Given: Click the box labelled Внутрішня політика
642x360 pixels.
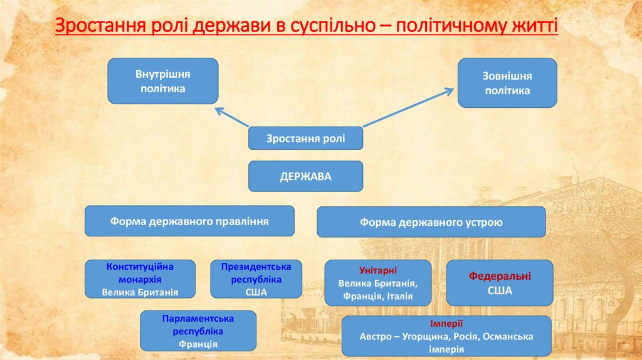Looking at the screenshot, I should click(162, 81).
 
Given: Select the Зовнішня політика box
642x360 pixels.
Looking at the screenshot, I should click(507, 83).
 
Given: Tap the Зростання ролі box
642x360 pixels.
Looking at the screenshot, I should click(305, 138).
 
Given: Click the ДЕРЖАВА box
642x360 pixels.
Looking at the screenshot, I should click(305, 176).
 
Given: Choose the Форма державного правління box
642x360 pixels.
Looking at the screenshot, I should click(189, 221).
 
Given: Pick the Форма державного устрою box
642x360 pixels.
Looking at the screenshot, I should click(431, 222).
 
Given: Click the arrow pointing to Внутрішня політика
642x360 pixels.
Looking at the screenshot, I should click(232, 117).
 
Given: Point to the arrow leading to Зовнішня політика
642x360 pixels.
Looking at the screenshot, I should click(408, 108).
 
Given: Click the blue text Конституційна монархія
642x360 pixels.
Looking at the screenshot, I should click(140, 273).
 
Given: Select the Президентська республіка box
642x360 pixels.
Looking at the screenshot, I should click(256, 278).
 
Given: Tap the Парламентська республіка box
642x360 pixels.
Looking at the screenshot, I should click(198, 331).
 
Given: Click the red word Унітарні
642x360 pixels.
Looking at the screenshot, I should click(377, 270).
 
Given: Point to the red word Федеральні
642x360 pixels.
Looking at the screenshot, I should click(500, 276).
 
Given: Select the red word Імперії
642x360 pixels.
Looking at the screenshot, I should click(446, 324).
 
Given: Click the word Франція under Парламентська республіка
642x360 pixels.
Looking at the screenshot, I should click(198, 344).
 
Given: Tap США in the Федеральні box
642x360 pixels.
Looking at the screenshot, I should click(500, 291).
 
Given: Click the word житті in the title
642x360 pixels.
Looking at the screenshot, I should click(537, 27).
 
